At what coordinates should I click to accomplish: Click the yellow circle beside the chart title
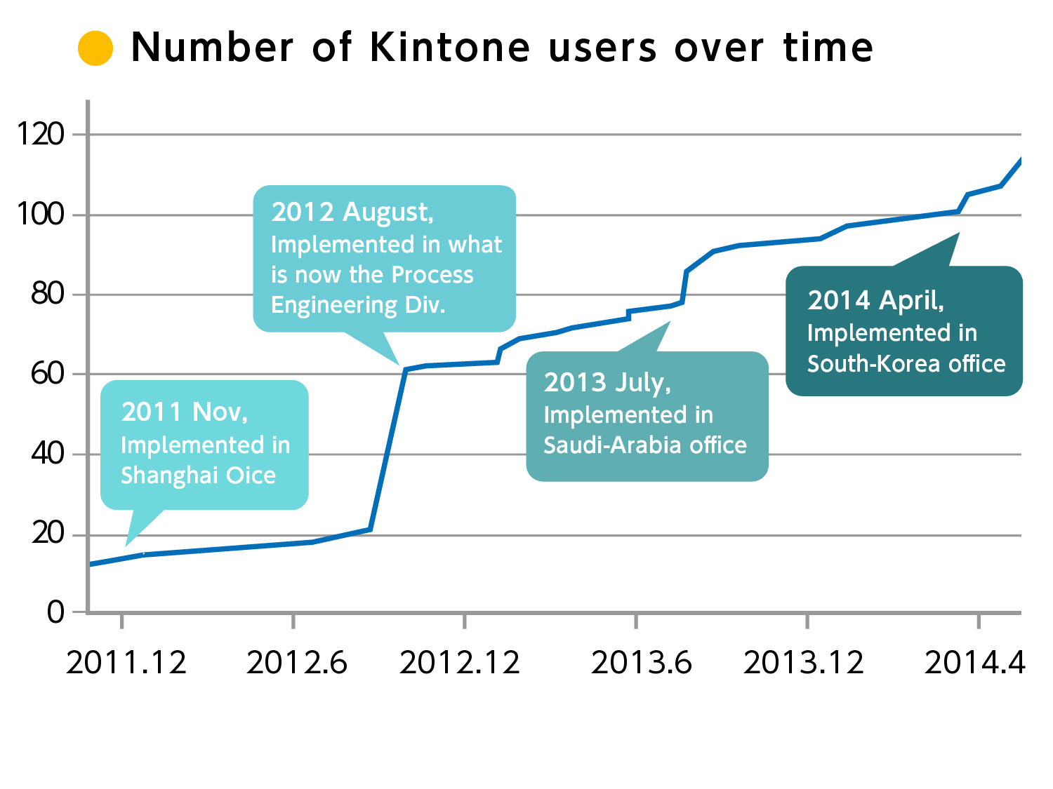(x=95, y=48)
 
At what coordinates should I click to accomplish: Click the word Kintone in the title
(x=450, y=48)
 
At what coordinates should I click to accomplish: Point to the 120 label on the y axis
(x=41, y=134)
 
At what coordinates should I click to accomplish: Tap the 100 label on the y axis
(x=41, y=214)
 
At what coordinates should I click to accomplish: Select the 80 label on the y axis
(x=47, y=294)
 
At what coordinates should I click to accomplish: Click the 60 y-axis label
(x=47, y=374)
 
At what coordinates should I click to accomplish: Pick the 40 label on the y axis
(x=47, y=454)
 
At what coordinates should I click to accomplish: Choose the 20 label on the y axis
(x=47, y=534)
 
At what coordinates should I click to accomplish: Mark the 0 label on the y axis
(x=55, y=612)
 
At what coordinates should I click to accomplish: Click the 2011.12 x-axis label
(x=126, y=663)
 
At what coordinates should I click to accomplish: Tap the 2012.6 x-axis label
(x=296, y=663)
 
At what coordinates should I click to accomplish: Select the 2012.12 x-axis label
(x=460, y=663)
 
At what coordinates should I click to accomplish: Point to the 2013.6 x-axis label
(x=641, y=663)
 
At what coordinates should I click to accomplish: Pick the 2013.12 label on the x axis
(x=804, y=663)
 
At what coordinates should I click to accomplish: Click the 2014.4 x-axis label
(x=975, y=663)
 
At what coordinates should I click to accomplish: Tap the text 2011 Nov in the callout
(x=184, y=412)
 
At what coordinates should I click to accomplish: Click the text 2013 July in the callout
(x=607, y=383)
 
